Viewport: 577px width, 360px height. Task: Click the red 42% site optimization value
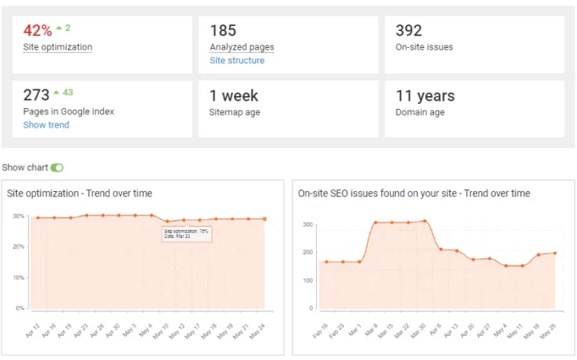pos(37,31)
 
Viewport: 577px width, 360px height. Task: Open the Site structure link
pos(236,60)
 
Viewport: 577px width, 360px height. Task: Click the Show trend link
pos(46,125)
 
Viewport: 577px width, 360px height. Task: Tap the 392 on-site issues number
pos(409,31)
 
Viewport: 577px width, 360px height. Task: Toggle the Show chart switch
pos(57,167)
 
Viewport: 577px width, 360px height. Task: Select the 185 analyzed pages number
pos(223,31)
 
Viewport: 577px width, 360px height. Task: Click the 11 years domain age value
pos(425,96)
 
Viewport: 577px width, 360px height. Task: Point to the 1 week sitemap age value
pos(235,96)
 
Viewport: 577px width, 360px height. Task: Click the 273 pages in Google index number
pos(37,95)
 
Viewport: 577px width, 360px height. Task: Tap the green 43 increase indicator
pos(65,93)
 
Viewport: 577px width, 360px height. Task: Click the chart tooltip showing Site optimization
pos(186,233)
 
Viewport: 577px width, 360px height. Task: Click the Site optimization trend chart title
pos(80,193)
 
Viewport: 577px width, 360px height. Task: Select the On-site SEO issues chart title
pos(414,193)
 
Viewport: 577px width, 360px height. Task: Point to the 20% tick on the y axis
pos(18,247)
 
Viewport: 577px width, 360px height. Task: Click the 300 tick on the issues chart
pos(308,223)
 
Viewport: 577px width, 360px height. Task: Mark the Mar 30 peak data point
pos(425,220)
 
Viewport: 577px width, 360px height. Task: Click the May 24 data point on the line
pos(265,219)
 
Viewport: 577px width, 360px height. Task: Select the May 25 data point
pos(554,253)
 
